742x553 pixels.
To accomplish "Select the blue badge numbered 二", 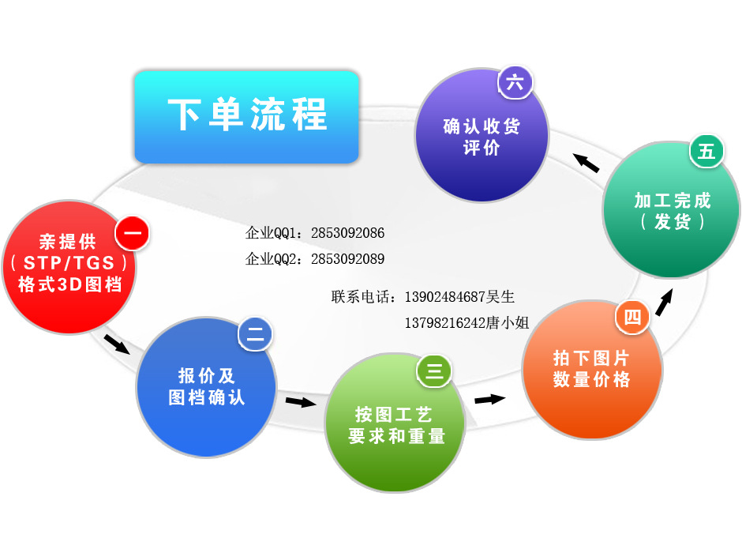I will coord(255,335).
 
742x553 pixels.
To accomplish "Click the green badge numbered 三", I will coord(434,371).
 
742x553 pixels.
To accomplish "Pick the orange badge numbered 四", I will coord(632,318).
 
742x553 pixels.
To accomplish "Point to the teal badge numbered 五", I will coord(706,151).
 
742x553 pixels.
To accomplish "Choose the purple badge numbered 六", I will coord(515,83).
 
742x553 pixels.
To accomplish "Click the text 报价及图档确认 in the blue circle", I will coord(207,386).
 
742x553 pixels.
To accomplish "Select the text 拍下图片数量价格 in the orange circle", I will coord(592,369).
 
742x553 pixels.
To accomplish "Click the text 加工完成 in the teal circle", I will coord(673,200).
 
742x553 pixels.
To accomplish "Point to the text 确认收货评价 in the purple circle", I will coord(482,137).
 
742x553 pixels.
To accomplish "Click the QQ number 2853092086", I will coord(347,233).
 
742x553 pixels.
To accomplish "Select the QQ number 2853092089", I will coord(347,258).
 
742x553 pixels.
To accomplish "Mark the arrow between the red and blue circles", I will coord(116,344).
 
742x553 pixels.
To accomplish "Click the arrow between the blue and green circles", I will coord(300,402).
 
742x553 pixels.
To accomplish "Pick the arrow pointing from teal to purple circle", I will coord(586,162).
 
